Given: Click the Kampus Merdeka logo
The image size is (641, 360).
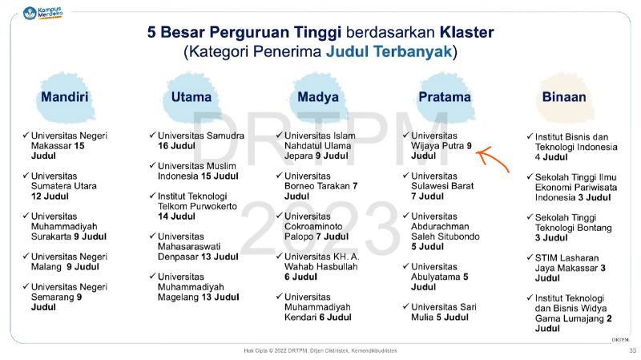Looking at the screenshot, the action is point(43,13).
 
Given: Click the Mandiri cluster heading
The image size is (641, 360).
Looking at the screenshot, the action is point(65,97).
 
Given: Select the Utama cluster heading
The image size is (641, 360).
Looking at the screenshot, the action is point(191,97).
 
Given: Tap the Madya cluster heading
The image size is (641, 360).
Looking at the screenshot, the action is point(318,97).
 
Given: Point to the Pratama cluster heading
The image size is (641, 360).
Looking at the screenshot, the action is point(445,97).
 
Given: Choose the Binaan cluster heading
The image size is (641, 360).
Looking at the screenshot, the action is point(564,97).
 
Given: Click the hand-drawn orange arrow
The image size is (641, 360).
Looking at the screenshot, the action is point(492,158).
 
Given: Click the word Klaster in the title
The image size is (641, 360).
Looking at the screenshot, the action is point(467,32).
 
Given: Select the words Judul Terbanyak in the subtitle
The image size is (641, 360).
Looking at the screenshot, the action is point(389,52).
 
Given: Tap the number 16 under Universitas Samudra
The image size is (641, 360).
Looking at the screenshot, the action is point(163,146).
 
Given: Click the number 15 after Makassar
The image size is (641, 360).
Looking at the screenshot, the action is point(79,146).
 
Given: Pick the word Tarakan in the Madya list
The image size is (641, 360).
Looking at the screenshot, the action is point(333,186).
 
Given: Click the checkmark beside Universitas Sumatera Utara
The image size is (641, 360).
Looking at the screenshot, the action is point(26,175).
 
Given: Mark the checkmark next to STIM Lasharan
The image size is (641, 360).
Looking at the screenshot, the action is point(530,257).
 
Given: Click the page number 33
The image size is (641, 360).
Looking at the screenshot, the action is point(633,350).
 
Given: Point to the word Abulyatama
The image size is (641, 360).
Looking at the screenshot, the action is point(436,277).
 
